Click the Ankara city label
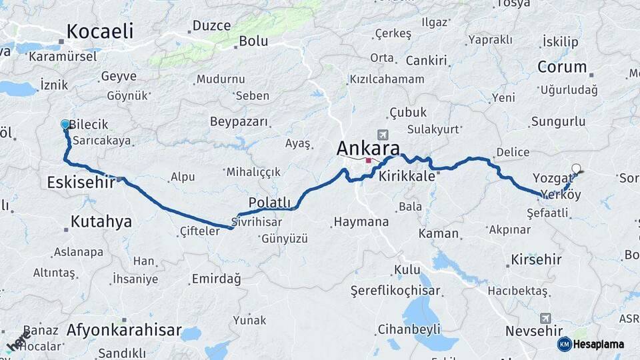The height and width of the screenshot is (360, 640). (x=368, y=148)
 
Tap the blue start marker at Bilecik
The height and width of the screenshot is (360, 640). (x=65, y=124)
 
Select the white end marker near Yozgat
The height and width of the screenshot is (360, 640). (x=576, y=169)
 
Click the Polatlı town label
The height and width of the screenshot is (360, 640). (x=269, y=202)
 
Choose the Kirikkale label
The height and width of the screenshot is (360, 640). (x=407, y=177)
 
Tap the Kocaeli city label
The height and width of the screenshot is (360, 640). (x=100, y=31)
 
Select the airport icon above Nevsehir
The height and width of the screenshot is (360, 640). (x=546, y=317)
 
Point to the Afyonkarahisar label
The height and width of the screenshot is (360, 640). (x=124, y=329)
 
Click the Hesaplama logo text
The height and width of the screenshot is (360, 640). (x=599, y=344)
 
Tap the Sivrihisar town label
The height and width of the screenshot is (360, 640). (x=257, y=221)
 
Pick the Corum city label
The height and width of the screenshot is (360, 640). (x=561, y=67)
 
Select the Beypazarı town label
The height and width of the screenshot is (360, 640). (x=239, y=122)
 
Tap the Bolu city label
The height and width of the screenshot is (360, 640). (x=253, y=41)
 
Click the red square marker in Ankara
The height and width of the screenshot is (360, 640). (x=368, y=160)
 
